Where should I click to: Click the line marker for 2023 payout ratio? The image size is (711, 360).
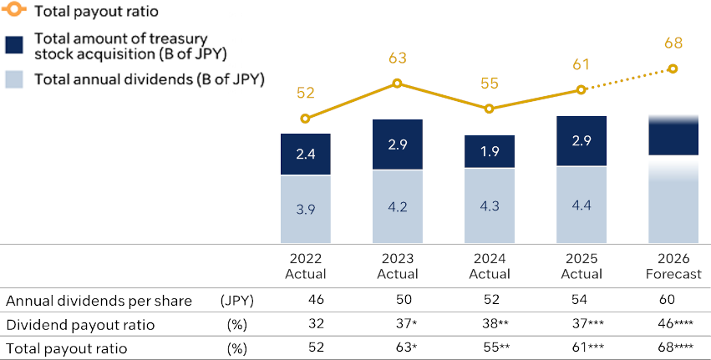point(398,83)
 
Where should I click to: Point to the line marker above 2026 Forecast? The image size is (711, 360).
point(673,69)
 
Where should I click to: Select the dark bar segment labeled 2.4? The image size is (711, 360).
point(305,155)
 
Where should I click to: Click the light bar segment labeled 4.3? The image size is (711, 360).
point(490,205)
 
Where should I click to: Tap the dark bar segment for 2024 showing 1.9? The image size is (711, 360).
point(490,151)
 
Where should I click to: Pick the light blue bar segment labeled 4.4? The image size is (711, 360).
point(581,205)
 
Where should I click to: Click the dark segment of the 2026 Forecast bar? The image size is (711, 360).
point(673,136)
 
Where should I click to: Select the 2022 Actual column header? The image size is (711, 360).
point(305,266)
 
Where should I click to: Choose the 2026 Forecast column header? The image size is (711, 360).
point(673,266)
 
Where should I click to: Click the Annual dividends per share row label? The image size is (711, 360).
point(99,301)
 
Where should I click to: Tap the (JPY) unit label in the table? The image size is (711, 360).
point(237,301)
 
